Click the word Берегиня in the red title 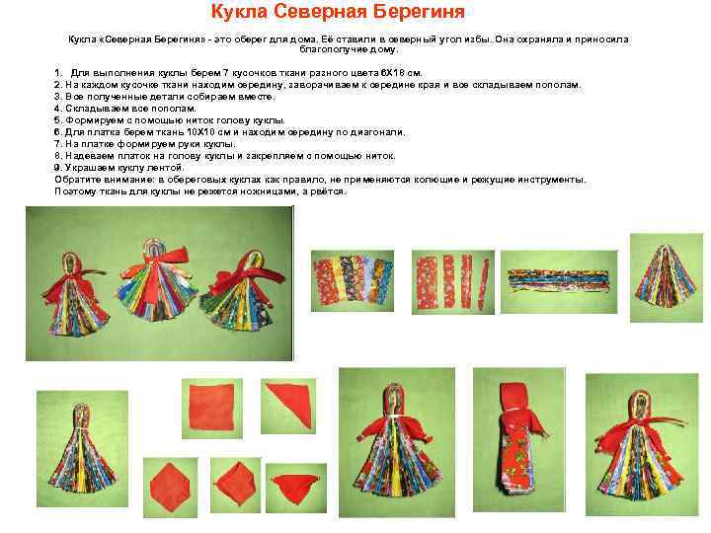tap(419, 12)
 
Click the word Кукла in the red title tap(239, 11)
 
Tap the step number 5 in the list tap(57, 120)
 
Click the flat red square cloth tap(211, 408)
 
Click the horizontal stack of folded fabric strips tap(558, 281)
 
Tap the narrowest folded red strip tap(484, 284)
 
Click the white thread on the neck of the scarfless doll tap(82, 426)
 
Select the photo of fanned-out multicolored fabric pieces tap(353, 280)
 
